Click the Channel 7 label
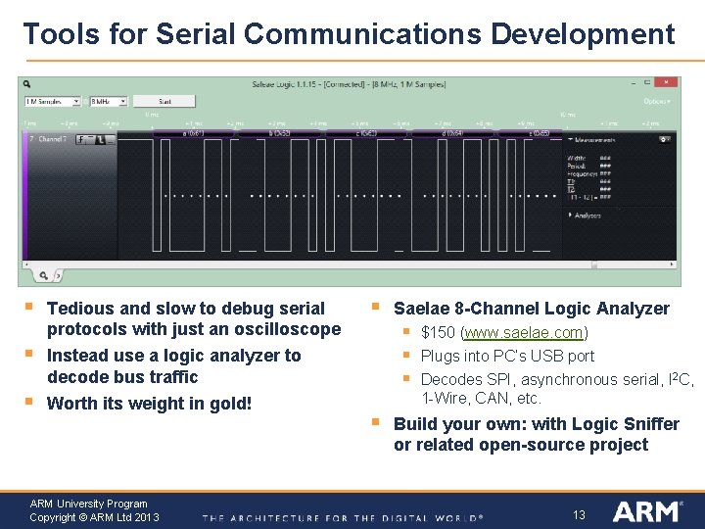click(x=52, y=140)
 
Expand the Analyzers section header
click(x=586, y=215)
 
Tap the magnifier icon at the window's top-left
click(x=27, y=84)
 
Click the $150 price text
click(x=437, y=333)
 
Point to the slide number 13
click(x=579, y=515)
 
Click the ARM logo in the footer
click(x=646, y=511)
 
